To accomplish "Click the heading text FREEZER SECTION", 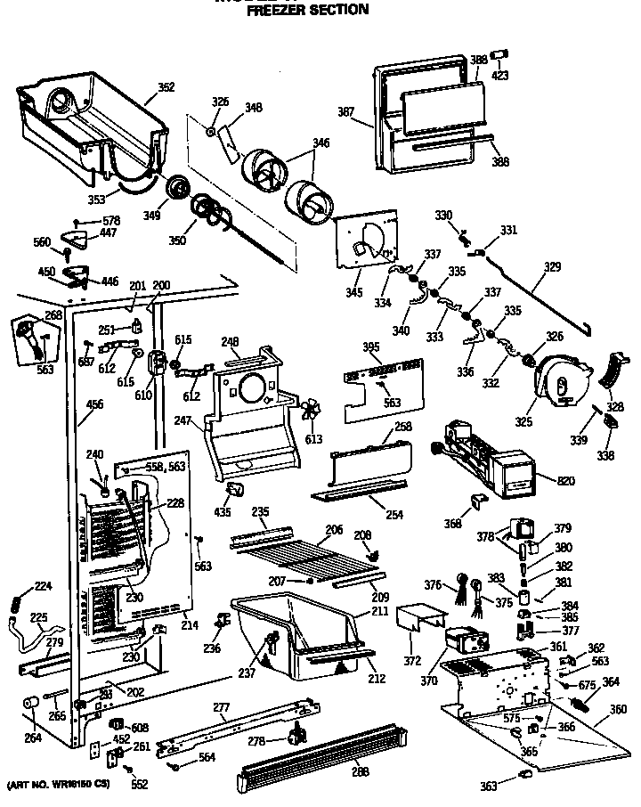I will coord(307,10).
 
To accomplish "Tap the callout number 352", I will coord(166,87).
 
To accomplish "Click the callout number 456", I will coord(94,404).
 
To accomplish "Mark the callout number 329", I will coord(552,266).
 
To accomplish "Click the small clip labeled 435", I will coord(237,490).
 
